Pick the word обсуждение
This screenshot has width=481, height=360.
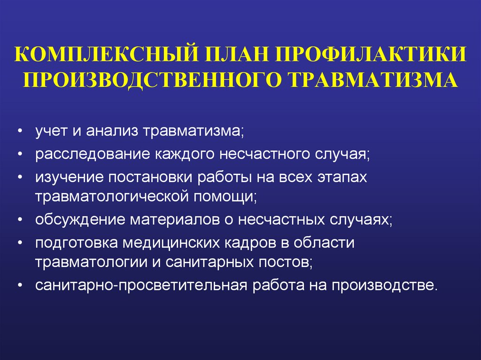pos(77,220)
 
